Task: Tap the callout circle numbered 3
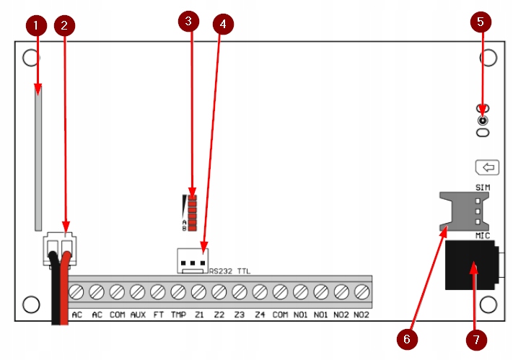tap(188, 22)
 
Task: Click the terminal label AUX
tap(137, 315)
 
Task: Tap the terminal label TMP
tap(178, 315)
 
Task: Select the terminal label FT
tap(158, 315)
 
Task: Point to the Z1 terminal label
tap(198, 315)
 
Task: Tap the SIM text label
tap(483, 188)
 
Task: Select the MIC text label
tap(483, 237)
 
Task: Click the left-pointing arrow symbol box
tap(488, 168)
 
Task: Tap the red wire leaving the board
tap(63, 303)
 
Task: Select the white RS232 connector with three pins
tap(191, 260)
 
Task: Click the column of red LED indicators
tap(193, 212)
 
